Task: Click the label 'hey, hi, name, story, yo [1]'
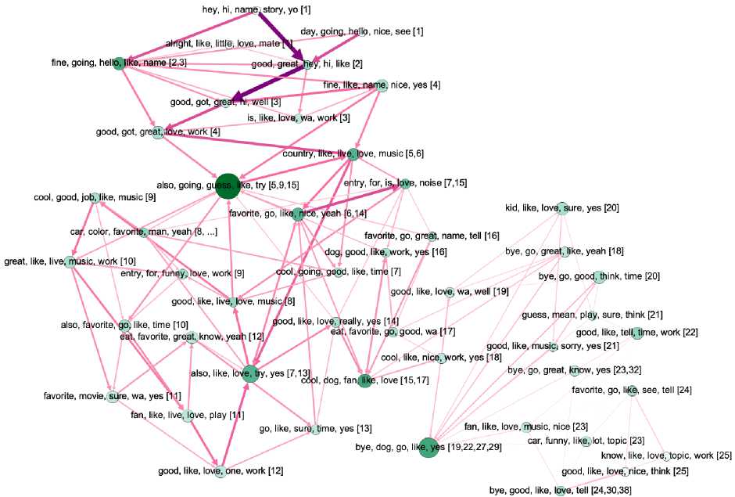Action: click(x=256, y=9)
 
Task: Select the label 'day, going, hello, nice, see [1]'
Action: click(x=362, y=31)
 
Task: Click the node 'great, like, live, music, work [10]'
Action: click(x=70, y=261)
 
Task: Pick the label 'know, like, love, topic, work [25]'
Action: click(x=666, y=456)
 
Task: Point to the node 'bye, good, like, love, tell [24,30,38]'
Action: click(x=560, y=491)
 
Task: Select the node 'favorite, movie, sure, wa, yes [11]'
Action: click(x=114, y=396)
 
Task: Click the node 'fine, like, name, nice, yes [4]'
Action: click(x=382, y=85)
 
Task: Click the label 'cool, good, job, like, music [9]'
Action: click(x=95, y=197)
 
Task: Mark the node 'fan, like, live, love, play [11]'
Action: click(x=188, y=415)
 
